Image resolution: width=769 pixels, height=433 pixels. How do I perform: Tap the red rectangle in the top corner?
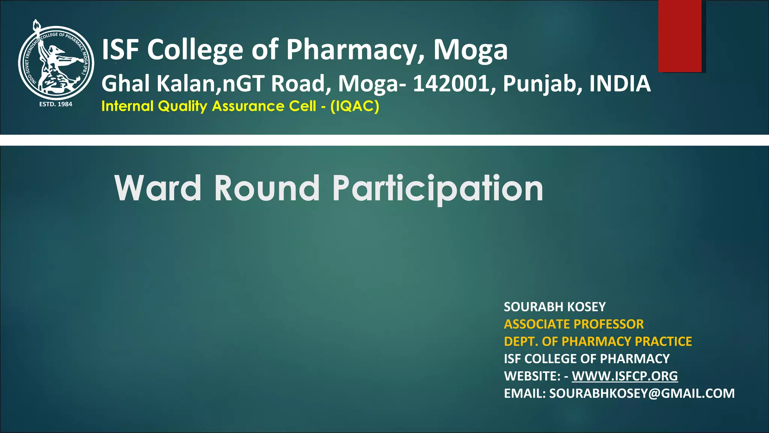coord(680,36)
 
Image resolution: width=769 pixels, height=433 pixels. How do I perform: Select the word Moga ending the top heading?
coord(470,50)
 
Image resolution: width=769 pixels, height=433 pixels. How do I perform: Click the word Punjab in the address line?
coord(543,84)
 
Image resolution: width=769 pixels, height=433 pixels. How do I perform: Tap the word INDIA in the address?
coord(620,83)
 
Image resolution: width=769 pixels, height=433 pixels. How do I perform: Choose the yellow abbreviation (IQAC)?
coord(355,106)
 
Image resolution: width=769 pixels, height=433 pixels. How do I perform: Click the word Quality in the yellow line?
coord(182,106)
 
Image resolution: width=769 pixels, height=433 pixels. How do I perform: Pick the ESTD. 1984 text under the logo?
coord(56,104)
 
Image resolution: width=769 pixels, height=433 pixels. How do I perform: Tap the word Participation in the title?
coord(438,189)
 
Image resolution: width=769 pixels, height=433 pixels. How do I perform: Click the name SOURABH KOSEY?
coord(555,307)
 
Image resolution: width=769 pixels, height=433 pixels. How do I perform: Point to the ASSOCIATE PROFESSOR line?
coord(574,324)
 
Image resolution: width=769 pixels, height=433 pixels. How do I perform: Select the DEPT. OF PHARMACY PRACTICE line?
coord(598,341)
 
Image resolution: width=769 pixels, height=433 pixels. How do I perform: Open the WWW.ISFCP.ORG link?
coord(625,376)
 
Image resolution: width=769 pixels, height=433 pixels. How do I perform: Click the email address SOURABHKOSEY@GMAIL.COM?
coord(642,393)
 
